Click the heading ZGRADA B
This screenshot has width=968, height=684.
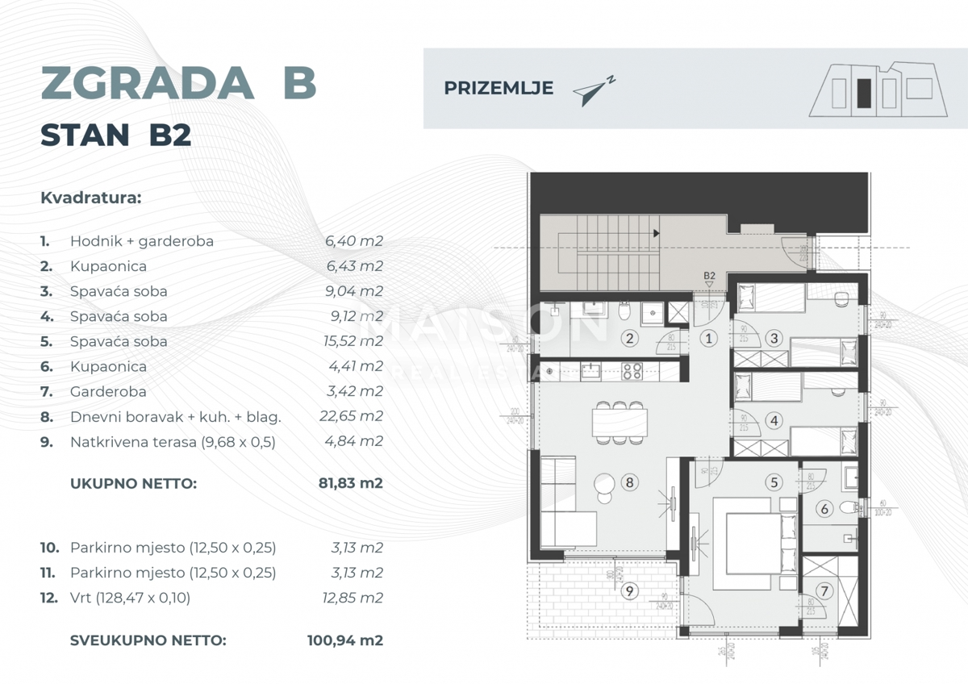178,83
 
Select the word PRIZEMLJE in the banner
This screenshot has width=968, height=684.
499,89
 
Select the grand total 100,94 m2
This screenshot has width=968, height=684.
344,641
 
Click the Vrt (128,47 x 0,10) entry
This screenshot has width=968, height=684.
131,598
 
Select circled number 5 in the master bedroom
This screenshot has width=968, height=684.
774,482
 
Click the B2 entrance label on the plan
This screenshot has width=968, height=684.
709,276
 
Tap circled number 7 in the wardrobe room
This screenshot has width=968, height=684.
824,591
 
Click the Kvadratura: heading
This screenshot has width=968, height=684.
90,198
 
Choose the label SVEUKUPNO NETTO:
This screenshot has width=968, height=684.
148,641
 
